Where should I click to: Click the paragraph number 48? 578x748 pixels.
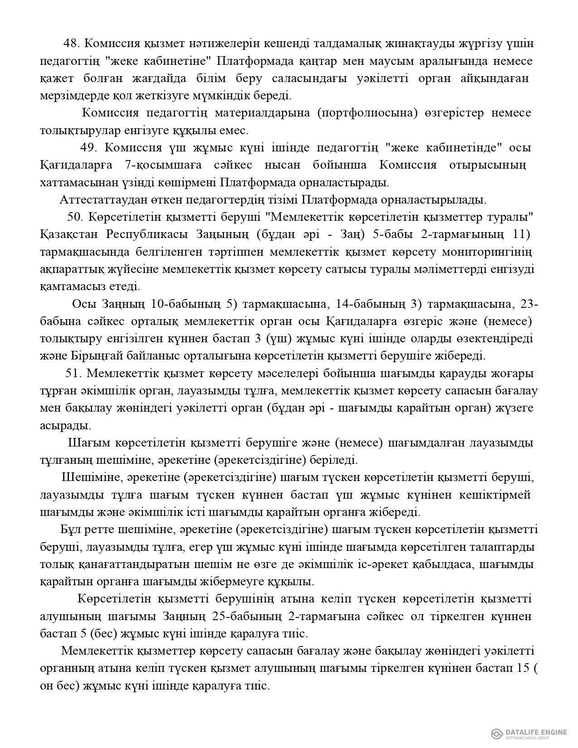tap(72, 44)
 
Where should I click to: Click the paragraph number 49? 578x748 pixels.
tap(89, 148)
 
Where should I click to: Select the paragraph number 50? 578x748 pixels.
tap(75, 217)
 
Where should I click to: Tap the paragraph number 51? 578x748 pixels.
tap(73, 373)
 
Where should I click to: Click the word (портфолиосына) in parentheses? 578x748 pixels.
tap(367, 113)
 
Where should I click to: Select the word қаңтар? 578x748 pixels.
tap(312, 61)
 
